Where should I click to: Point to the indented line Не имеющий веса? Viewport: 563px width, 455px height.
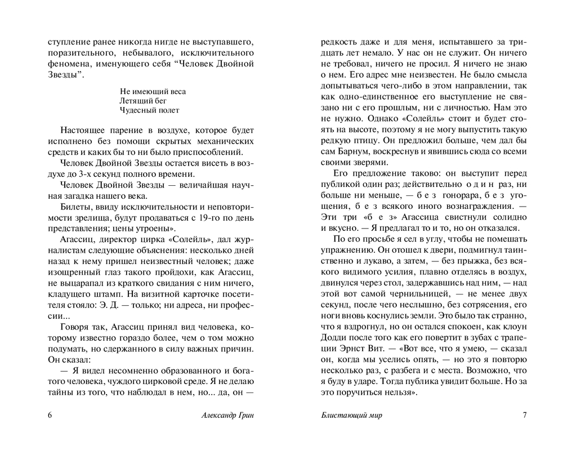pos(153,91)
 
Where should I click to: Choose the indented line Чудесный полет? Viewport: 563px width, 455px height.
pos(150,110)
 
